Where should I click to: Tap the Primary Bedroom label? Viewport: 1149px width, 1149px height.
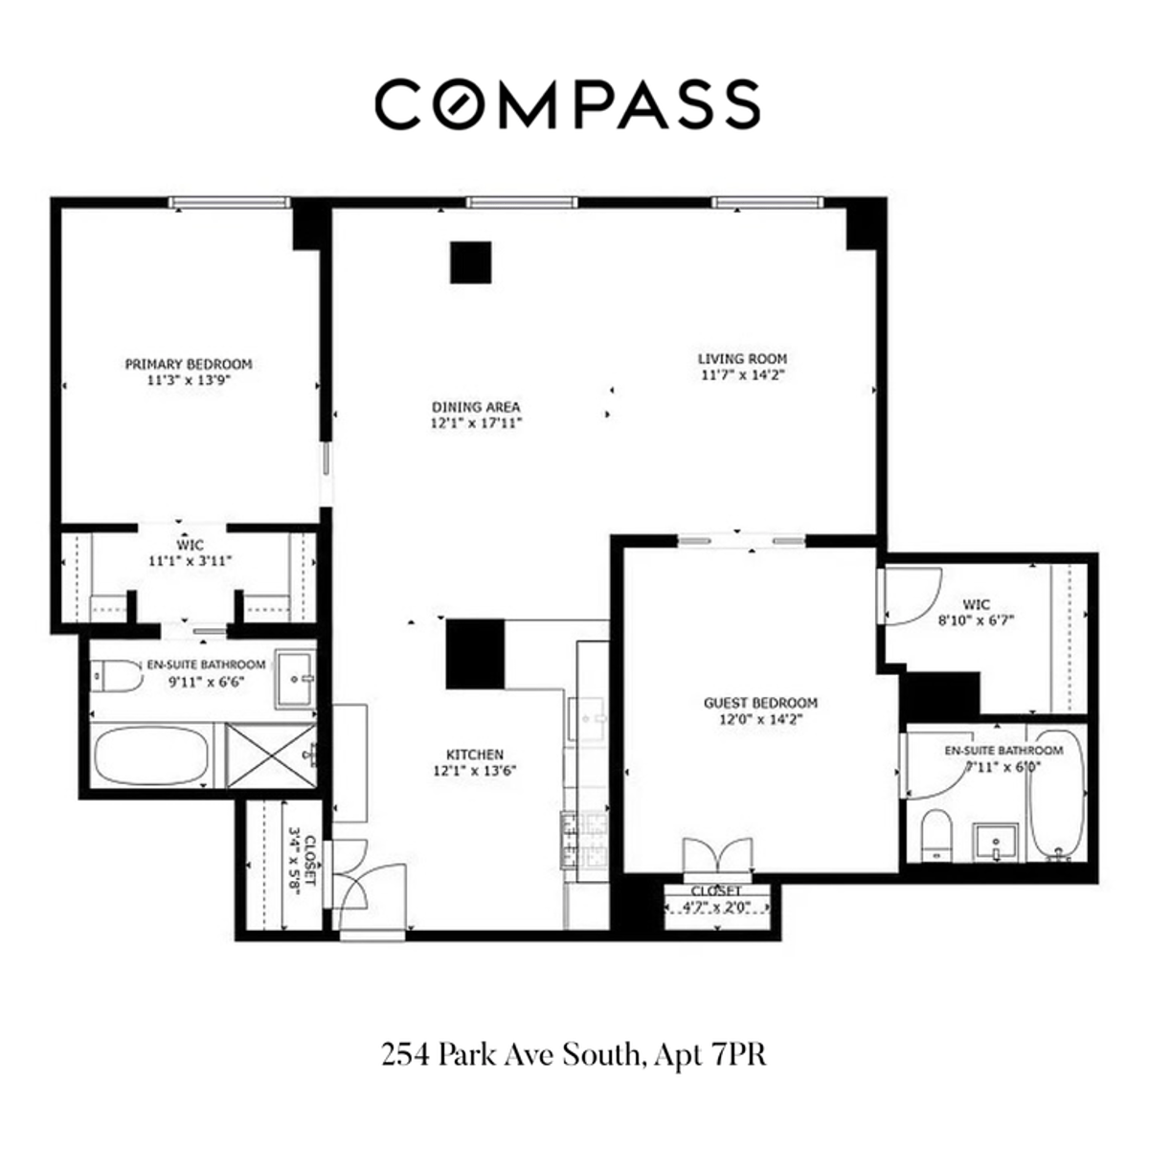pyautogui.click(x=189, y=364)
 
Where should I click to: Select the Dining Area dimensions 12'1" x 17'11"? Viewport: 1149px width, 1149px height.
pyautogui.click(x=476, y=421)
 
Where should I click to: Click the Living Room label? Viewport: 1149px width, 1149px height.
pyautogui.click(x=742, y=359)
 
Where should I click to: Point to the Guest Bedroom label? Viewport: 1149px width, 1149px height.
pyautogui.click(x=760, y=703)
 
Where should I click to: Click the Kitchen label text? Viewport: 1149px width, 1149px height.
pyautogui.click(x=475, y=755)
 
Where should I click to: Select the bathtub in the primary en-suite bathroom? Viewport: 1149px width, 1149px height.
pyautogui.click(x=151, y=756)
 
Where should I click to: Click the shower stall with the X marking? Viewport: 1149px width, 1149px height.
pyautogui.click(x=270, y=756)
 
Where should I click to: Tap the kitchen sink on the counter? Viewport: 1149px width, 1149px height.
pyautogui.click(x=586, y=714)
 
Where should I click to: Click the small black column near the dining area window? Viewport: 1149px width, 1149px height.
pyautogui.click(x=470, y=262)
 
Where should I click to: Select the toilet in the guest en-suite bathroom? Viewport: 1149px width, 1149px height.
pyautogui.click(x=935, y=834)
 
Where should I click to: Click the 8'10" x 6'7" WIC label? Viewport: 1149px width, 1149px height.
pyautogui.click(x=976, y=612)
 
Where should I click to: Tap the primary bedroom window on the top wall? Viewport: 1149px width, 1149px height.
pyautogui.click(x=229, y=202)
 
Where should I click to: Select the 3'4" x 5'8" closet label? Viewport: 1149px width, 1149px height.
pyautogui.click(x=302, y=863)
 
